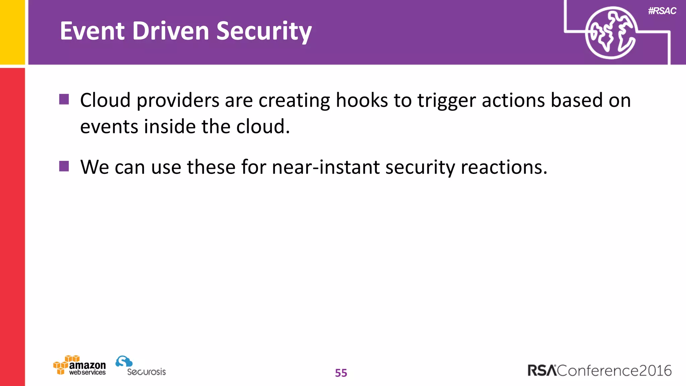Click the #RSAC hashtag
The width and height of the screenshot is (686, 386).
662,11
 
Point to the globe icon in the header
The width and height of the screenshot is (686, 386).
610,33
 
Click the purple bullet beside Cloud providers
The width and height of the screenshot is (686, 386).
64,100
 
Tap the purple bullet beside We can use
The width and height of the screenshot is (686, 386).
64,166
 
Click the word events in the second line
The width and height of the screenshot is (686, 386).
109,127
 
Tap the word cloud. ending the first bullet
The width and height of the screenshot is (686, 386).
263,127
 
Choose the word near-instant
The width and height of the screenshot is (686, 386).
326,167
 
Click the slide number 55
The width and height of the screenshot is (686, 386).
341,373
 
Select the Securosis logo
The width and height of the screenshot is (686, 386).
141,366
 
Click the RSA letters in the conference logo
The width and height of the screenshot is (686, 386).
542,371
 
